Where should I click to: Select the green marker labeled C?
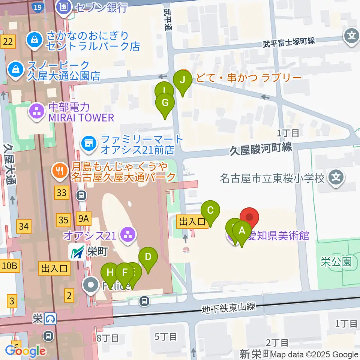coord(210,211)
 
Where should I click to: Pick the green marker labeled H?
coord(110,272)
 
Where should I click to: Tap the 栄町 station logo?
coord(77,252)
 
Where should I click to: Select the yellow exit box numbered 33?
coord(62,193)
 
